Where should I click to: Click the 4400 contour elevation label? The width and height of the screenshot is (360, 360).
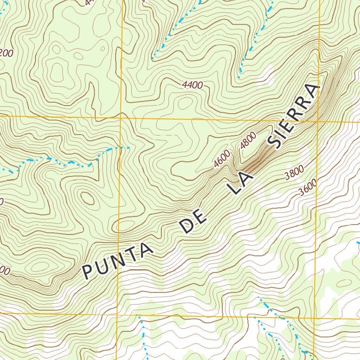[192, 85]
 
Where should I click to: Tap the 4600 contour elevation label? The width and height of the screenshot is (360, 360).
[222, 158]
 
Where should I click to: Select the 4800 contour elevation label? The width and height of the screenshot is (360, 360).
[248, 141]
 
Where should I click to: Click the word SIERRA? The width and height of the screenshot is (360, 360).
[293, 116]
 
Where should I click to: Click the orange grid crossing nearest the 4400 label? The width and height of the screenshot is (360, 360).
[121, 117]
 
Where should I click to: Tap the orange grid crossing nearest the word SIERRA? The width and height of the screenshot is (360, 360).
[318, 121]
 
